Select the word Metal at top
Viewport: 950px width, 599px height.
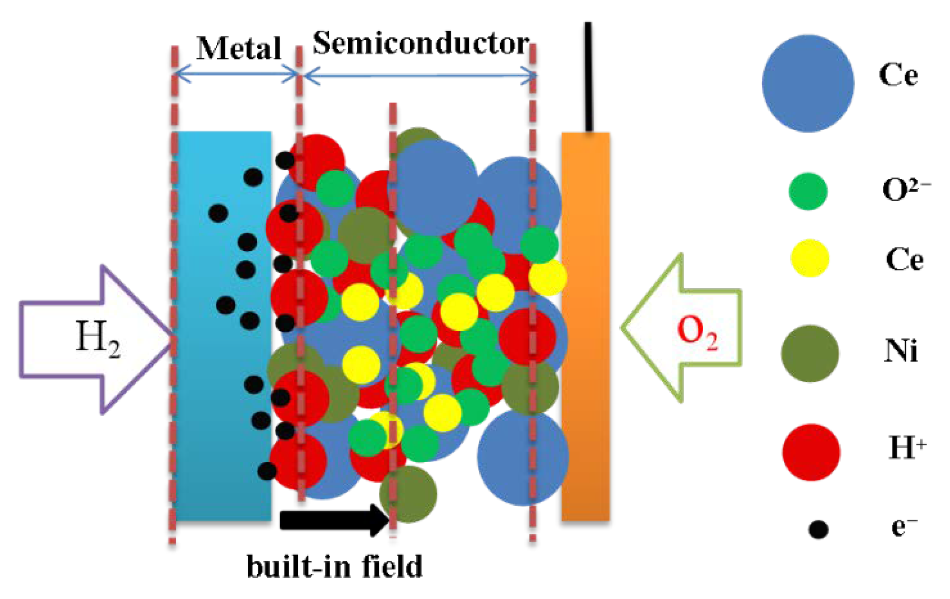[x=239, y=48]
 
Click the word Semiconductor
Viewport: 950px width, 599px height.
[x=421, y=44]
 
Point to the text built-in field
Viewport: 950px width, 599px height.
[x=334, y=566]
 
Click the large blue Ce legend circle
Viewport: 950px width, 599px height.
[x=808, y=83]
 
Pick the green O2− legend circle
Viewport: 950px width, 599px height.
[x=808, y=191]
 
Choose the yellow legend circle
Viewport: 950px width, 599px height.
[x=809, y=258]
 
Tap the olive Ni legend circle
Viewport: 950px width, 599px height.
[x=809, y=353]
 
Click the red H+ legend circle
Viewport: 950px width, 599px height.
[x=811, y=452]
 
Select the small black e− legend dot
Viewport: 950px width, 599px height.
[x=818, y=529]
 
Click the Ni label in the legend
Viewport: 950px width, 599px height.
[x=901, y=351]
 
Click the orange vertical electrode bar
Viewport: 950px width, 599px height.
[x=585, y=326]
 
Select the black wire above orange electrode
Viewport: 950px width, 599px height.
[x=588, y=76]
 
